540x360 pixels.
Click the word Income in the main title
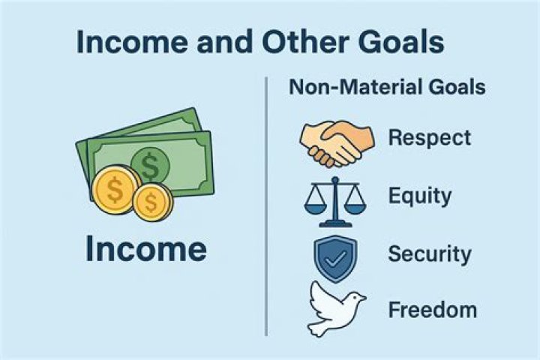[132, 42]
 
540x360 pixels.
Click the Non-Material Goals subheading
[387, 87]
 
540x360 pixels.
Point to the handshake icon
[337, 142]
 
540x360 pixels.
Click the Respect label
[430, 138]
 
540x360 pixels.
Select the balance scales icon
[335, 202]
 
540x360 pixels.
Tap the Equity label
[419, 196]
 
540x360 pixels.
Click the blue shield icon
[335, 258]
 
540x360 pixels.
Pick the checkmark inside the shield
[335, 259]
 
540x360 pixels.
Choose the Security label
[429, 254]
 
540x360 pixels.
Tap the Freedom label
[433, 310]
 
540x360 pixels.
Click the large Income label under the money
[146, 249]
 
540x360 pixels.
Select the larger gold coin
[115, 190]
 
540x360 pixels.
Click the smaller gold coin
[152, 202]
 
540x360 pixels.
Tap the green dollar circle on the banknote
[150, 164]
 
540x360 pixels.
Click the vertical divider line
[266, 206]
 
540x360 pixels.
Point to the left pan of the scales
[315, 208]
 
